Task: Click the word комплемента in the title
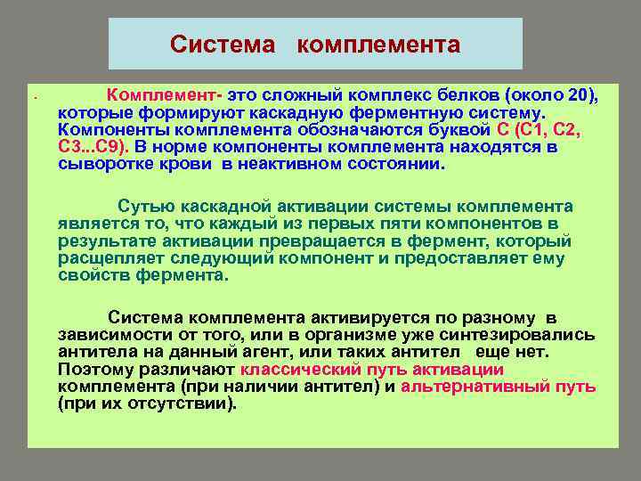click(378, 45)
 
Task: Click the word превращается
click(302, 241)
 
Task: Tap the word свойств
click(93, 275)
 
